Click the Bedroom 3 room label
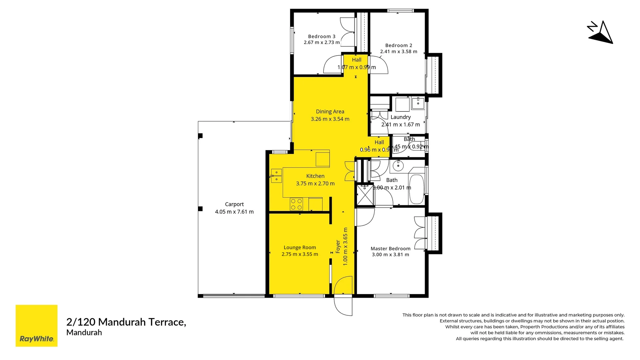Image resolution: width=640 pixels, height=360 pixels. tap(322, 36)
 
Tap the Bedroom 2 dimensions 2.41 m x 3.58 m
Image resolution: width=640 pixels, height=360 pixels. tap(399, 51)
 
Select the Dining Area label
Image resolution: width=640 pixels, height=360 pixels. tap(330, 111)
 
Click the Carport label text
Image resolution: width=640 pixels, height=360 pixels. tap(234, 204)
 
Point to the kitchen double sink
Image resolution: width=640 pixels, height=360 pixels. tap(276, 176)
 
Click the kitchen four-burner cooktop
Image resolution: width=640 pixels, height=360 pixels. tap(296, 204)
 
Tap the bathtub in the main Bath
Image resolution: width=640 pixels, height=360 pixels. tap(416, 189)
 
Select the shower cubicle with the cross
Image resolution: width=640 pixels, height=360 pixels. tap(365, 195)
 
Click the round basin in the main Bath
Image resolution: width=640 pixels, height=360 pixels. tap(398, 165)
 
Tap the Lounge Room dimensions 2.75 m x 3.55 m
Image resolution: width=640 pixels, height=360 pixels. tap(300, 254)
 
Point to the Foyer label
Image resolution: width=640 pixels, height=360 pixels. tap(338, 247)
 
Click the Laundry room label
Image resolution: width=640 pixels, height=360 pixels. tap(400, 117)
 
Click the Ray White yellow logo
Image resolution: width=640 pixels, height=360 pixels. tap(36, 326)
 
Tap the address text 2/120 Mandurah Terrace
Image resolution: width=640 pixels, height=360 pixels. tap(126, 322)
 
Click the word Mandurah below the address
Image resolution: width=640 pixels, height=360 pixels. tap(84, 332)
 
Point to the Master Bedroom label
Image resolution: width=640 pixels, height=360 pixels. tap(390, 248)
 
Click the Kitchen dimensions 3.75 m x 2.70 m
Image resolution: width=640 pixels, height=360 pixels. tap(315, 183)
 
